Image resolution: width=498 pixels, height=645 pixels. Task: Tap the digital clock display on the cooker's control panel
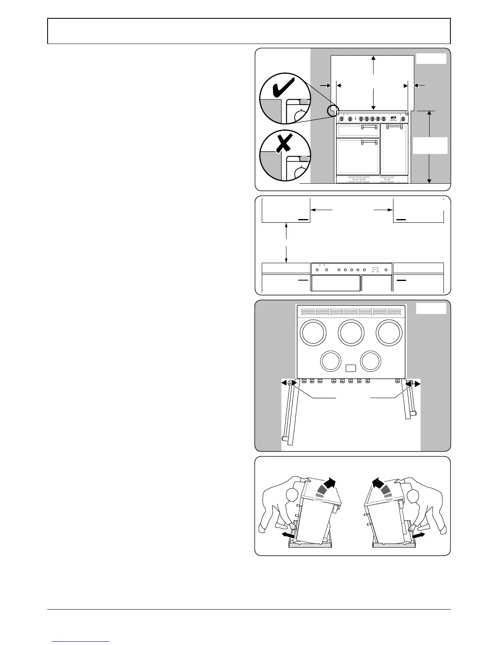393,118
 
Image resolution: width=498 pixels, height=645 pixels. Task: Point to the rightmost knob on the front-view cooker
403,119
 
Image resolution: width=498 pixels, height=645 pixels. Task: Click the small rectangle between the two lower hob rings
351,369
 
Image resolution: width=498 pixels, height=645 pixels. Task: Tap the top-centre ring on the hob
352,332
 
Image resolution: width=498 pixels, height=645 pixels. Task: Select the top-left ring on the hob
312,332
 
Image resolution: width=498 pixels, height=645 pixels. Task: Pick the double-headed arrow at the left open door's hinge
288,383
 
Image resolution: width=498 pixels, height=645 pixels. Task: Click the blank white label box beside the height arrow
430,145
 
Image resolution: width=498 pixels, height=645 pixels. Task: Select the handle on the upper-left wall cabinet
304,219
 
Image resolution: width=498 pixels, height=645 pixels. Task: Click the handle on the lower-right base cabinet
402,281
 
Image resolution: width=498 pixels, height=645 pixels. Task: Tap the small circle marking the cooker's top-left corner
333,110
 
